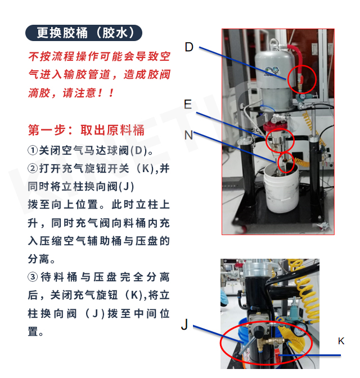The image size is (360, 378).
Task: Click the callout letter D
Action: pyautogui.click(x=189, y=47)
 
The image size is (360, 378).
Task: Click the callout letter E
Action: pyautogui.click(x=188, y=105)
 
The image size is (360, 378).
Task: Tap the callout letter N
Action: pyautogui.click(x=188, y=135)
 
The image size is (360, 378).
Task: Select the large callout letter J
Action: pyautogui.click(x=184, y=324)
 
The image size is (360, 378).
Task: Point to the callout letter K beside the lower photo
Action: pyautogui.click(x=341, y=341)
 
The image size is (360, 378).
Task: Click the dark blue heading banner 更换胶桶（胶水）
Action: pyautogui.click(x=84, y=33)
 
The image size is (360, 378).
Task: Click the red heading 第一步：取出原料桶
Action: pyautogui.click(x=86, y=130)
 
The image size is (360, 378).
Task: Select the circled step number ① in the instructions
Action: pyautogui.click(x=33, y=150)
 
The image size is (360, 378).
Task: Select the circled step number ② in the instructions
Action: pyautogui.click(x=33, y=169)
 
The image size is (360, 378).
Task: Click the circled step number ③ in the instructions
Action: pyautogui.click(x=33, y=277)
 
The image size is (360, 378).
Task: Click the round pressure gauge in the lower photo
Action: pyautogui.click(x=299, y=330)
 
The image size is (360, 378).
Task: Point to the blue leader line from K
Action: pyautogui.click(x=309, y=355)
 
